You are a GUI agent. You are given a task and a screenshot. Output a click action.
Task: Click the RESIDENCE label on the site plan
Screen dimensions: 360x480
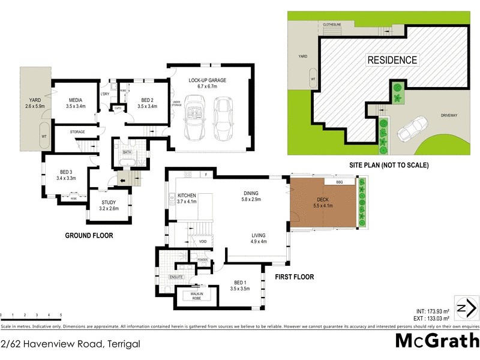click(x=392, y=60)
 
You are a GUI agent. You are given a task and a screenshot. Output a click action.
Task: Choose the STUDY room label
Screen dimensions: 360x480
click(x=109, y=203)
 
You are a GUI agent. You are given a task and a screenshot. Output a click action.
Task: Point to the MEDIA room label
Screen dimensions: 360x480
click(x=75, y=100)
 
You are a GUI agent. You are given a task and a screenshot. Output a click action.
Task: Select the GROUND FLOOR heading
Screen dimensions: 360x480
click(x=89, y=236)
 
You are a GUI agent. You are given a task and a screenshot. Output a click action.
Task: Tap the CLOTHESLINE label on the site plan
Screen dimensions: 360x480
click(x=332, y=25)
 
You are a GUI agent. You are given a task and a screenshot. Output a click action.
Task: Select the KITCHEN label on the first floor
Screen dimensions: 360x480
click(x=188, y=196)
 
